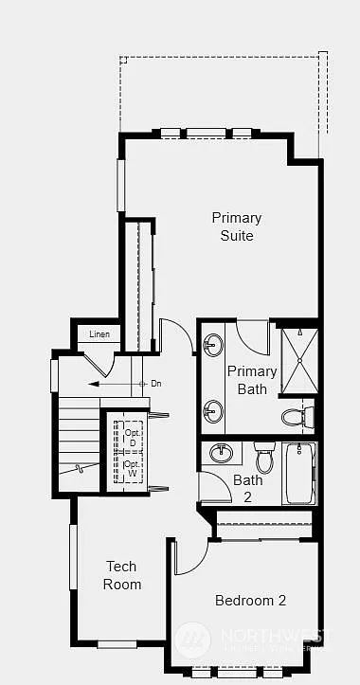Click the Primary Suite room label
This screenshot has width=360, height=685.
236,226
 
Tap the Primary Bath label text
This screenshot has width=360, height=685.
252,379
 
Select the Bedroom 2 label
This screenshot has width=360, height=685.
250,600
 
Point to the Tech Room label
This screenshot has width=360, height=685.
121,575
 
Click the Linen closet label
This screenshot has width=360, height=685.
99,334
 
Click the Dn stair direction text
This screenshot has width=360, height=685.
156,384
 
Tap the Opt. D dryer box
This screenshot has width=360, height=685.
132,438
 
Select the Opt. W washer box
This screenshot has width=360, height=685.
132,469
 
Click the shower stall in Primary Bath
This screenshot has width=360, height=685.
299,360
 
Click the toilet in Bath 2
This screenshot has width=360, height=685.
264,460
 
